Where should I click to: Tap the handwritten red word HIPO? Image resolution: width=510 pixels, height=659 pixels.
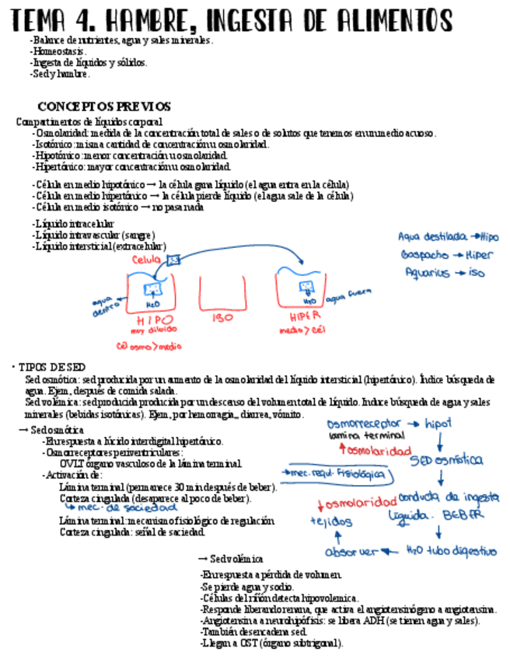(155, 319)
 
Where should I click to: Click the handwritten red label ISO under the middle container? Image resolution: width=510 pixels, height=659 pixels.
(222, 317)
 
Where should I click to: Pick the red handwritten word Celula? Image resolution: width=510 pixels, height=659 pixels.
(147, 260)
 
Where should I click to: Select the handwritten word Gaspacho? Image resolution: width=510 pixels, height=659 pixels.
(424, 254)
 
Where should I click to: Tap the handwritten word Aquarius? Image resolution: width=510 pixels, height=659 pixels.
(428, 273)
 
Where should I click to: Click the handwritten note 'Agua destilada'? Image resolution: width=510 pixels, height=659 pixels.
(432, 235)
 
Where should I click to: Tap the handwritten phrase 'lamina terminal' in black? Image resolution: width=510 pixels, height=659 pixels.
(357, 437)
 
